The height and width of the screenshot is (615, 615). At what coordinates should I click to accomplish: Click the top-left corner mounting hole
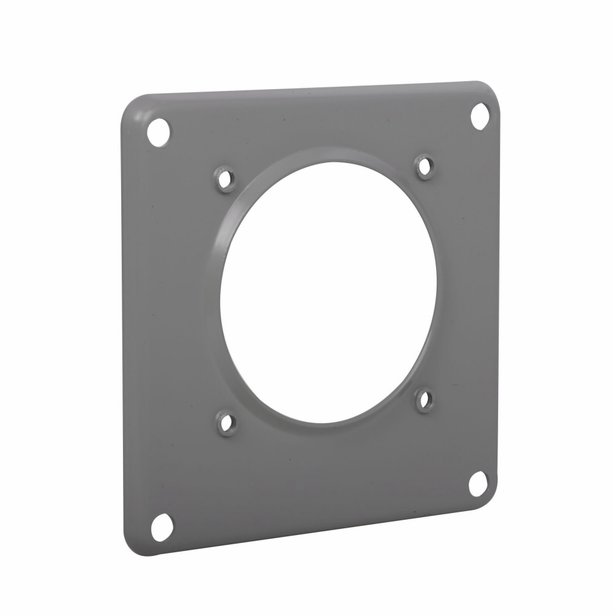159,132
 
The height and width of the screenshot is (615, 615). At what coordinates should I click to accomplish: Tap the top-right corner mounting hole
480,116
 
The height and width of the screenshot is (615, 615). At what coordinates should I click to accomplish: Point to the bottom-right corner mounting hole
478,483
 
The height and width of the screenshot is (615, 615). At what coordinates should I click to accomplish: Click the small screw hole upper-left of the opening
226,180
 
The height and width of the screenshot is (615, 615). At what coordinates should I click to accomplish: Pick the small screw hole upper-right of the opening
424,166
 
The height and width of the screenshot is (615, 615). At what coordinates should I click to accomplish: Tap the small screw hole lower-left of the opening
227,423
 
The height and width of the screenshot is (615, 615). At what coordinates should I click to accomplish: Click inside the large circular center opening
329,292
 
